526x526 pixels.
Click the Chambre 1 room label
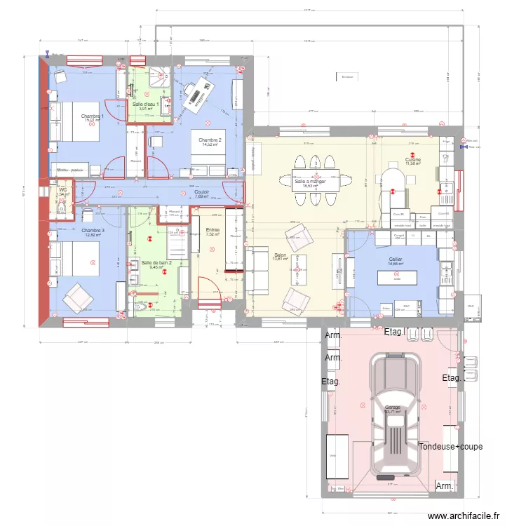92,116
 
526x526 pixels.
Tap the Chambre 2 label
209,140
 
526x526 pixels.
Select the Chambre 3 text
93,230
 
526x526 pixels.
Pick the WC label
62,189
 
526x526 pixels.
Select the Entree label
213,229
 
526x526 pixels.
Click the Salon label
280,255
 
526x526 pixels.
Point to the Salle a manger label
315,181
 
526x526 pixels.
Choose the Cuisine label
412,160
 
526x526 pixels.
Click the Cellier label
396,259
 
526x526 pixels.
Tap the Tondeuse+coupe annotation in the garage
450,447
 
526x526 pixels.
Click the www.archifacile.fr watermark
464,515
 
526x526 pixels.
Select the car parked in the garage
396,414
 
